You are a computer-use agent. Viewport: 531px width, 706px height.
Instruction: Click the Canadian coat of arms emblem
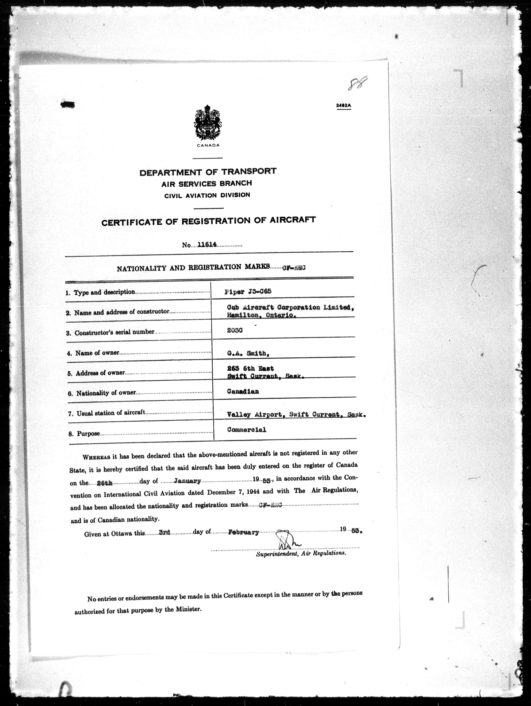click(208, 123)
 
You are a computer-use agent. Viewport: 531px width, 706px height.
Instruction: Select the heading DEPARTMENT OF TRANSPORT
click(208, 172)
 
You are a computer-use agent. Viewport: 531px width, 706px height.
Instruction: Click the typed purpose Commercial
click(246, 430)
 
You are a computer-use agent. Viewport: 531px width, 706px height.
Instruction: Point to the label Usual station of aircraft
click(111, 413)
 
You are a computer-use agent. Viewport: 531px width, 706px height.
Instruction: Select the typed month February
click(244, 532)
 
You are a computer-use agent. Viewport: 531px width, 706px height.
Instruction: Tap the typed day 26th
click(105, 483)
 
